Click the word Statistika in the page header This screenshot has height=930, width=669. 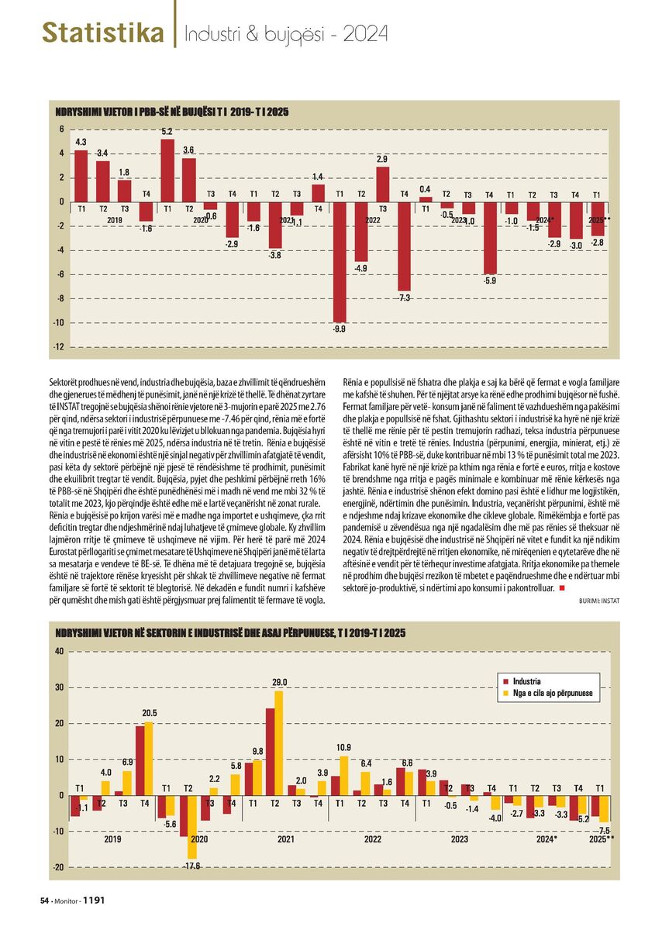[102, 33]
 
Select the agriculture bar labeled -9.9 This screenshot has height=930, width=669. [340, 262]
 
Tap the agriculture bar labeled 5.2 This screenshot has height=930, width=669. [167, 170]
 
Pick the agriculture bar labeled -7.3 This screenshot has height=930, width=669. [404, 246]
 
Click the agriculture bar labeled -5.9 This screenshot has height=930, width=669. [490, 238]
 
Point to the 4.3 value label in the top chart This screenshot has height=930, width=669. [81, 143]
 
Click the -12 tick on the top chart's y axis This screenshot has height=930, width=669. [59, 347]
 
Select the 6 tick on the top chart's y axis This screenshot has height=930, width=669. [61, 129]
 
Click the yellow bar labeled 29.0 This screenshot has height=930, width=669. [278, 743]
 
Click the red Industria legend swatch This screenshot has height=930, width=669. [505, 681]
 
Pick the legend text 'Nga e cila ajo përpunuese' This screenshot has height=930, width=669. [553, 693]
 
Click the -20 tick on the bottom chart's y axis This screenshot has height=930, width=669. [58, 868]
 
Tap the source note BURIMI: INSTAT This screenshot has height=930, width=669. [599, 601]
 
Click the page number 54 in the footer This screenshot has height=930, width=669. [44, 901]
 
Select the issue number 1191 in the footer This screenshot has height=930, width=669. [94, 900]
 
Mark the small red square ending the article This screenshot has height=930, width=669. [562, 588]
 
